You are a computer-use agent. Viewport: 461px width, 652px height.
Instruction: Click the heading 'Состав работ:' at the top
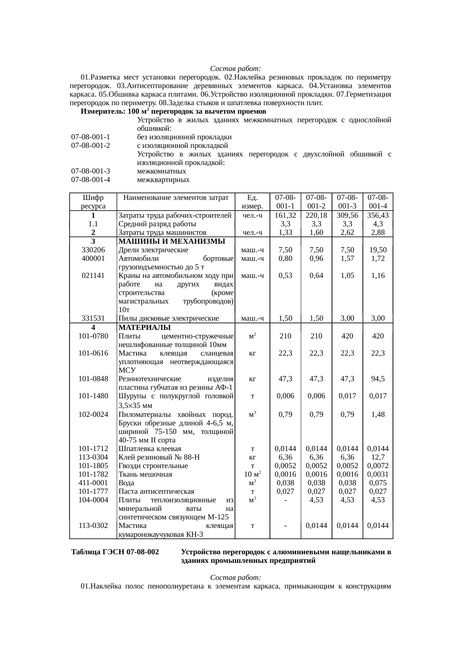pos(235,69)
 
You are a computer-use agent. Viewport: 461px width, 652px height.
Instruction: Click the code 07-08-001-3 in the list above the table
pos(91,171)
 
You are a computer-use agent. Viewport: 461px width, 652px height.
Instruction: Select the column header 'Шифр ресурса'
pos(93,202)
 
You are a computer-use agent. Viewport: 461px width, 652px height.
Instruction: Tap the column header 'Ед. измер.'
pos(252,202)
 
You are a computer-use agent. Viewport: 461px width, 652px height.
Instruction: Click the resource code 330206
pos(93,250)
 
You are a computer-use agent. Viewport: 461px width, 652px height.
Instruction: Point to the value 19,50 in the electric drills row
pos(378,250)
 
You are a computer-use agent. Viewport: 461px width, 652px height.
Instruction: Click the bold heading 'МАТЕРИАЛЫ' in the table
pos(144,328)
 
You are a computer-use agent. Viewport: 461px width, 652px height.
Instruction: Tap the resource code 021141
pos(93,276)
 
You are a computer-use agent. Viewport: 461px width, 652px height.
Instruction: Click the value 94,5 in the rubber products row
pos(378,379)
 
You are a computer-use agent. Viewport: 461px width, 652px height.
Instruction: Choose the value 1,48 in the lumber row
pos(378,414)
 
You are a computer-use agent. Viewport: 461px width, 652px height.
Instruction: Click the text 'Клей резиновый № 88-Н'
pos(159,457)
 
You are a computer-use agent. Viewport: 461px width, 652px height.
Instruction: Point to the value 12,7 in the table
pos(378,457)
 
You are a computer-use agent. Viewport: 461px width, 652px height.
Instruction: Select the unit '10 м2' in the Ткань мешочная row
pos(252,474)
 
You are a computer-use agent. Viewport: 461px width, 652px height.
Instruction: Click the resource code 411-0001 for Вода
pos(93,483)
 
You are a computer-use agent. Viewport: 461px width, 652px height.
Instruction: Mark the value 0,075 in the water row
pos(378,483)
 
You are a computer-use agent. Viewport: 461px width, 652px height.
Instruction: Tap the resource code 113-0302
pos(93,526)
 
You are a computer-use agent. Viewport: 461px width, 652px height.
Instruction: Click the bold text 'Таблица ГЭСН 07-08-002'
pos(115,552)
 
